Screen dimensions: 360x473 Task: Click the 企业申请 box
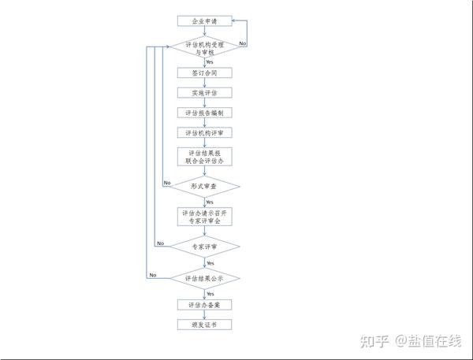pos(205,20)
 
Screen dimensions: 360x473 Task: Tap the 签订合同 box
pos(205,72)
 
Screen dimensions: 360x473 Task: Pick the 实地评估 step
pos(205,92)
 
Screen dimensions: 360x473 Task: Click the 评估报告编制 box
pos(205,113)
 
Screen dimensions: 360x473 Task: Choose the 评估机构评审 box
pos(205,132)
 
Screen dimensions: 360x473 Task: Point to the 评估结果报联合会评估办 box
pos(205,156)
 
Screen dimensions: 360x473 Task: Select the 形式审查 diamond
pos(205,186)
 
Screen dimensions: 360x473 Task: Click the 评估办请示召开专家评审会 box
pos(205,217)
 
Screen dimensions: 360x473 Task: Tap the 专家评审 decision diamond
pos(205,247)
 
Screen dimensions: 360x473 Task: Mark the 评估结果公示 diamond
pos(205,278)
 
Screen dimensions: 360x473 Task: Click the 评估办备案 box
pos(205,304)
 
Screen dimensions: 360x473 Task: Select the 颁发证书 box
pos(205,324)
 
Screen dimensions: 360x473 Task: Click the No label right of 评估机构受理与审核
pos(242,43)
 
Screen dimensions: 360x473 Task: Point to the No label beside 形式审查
pos(167,183)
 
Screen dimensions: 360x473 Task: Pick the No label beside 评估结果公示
pos(153,274)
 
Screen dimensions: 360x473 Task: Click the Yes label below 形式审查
pos(210,202)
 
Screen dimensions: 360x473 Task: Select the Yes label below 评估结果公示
pos(210,293)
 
